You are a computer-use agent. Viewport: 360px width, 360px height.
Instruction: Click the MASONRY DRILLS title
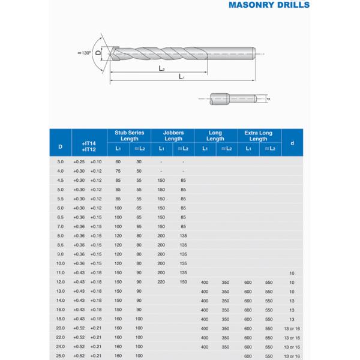pyautogui.click(x=269, y=5)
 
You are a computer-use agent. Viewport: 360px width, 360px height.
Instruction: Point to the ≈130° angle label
pyautogui.click(x=85, y=53)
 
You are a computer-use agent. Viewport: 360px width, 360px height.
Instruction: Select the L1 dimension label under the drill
pyautogui.click(x=181, y=77)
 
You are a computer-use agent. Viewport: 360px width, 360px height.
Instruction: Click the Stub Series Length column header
pyautogui.click(x=129, y=136)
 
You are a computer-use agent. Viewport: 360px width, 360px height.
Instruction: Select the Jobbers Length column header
pyautogui.click(x=173, y=136)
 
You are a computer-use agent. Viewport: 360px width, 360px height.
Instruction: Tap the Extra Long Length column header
pyautogui.click(x=259, y=136)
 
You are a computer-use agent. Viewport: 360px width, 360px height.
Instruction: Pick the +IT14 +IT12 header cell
pyautogui.click(x=88, y=146)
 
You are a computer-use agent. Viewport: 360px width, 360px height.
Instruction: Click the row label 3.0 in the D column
pyautogui.click(x=60, y=162)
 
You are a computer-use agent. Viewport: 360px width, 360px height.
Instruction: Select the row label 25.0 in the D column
pyautogui.click(x=60, y=356)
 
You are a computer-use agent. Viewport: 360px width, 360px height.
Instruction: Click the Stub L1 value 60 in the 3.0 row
pyautogui.click(x=118, y=162)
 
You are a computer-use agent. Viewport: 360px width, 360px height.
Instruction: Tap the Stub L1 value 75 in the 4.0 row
pyautogui.click(x=118, y=171)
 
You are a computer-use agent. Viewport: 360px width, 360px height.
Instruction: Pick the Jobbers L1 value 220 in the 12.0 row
pyautogui.click(x=161, y=282)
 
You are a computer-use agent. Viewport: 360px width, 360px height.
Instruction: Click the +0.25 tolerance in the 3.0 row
pyautogui.click(x=79, y=162)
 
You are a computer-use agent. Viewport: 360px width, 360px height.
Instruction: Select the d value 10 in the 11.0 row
pyautogui.click(x=292, y=273)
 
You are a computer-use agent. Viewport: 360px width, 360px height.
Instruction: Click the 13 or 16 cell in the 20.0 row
pyautogui.click(x=292, y=328)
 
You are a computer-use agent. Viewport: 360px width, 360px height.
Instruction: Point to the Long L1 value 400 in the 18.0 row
pyautogui.click(x=205, y=319)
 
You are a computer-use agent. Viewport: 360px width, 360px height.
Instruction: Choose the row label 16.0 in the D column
pyautogui.click(x=60, y=310)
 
